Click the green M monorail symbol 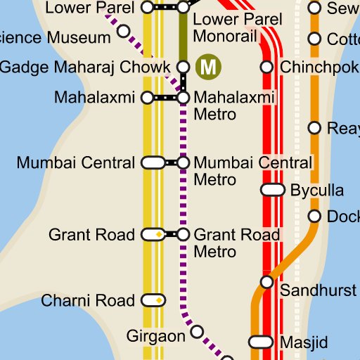209,67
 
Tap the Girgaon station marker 198,331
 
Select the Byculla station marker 272,190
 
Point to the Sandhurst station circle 267,282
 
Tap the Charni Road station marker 153,300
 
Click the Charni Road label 88,301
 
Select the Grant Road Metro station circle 184,234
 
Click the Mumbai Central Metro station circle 184,163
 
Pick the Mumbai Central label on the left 76,163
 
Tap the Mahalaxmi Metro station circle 184,98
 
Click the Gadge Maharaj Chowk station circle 184,67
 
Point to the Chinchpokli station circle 267,67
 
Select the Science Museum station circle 124,31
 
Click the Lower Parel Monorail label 238,27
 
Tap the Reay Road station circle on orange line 315,128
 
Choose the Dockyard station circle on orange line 315,216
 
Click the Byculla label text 317,191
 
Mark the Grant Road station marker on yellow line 153,234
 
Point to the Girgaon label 156,336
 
